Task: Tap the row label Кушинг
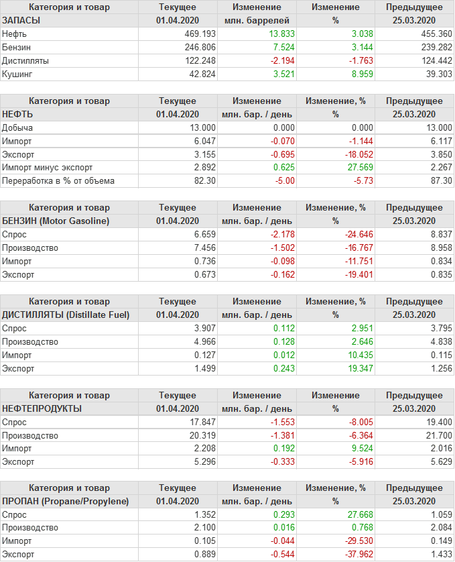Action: pyautogui.click(x=17, y=74)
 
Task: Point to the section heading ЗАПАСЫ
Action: pyautogui.click(x=21, y=20)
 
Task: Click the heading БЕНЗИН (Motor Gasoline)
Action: pyautogui.click(x=56, y=221)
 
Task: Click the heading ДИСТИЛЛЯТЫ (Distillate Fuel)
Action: pyautogui.click(x=66, y=315)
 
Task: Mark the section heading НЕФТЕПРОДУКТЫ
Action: pyautogui.click(x=42, y=408)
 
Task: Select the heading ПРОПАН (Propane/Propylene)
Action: pyautogui.click(x=65, y=502)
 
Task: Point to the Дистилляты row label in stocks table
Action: pyautogui.click(x=25, y=60)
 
